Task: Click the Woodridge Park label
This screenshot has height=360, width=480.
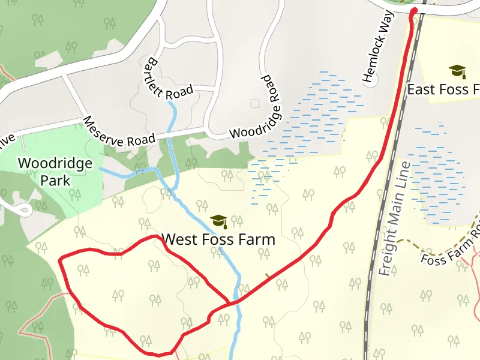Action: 55,171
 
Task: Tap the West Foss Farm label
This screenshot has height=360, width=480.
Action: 219,239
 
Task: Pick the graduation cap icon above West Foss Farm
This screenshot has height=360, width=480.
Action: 218,221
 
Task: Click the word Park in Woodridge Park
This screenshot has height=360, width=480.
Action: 55,180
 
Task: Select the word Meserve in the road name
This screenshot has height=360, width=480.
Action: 105,128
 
